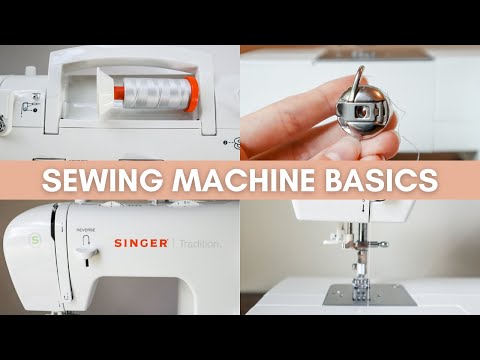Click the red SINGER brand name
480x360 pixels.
(141, 243)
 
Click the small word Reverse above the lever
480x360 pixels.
(84, 229)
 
